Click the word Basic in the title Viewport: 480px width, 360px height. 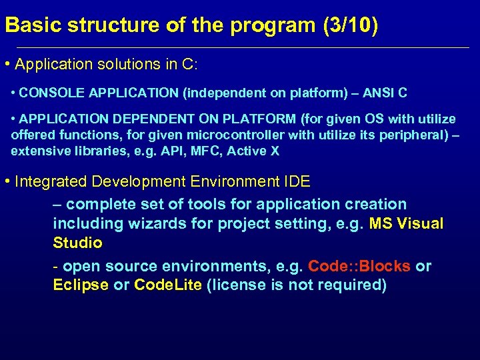tap(27, 26)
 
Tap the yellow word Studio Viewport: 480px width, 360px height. tap(77, 242)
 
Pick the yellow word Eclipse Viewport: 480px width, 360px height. tap(80, 285)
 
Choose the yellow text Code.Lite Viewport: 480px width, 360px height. tap(169, 285)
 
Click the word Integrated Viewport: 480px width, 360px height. tap(51, 181)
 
